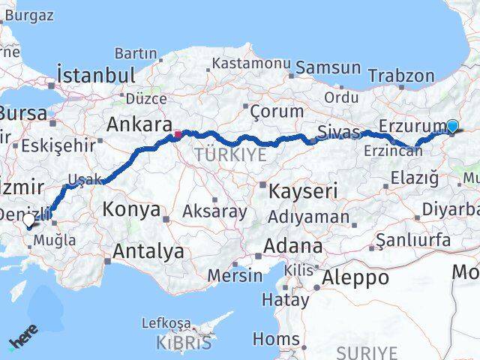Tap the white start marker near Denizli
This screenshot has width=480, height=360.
pyautogui.click(x=28, y=220)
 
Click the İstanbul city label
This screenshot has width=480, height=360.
pyautogui.click(x=96, y=76)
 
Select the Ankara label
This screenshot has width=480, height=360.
pyautogui.click(x=136, y=123)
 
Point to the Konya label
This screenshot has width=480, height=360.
pyautogui.click(x=131, y=209)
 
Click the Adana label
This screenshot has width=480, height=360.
pyautogui.click(x=293, y=246)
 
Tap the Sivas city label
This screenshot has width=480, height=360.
pyautogui.click(x=339, y=132)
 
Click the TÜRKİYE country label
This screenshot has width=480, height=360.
pyautogui.click(x=230, y=154)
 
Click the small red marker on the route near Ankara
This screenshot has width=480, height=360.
pyautogui.click(x=178, y=135)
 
